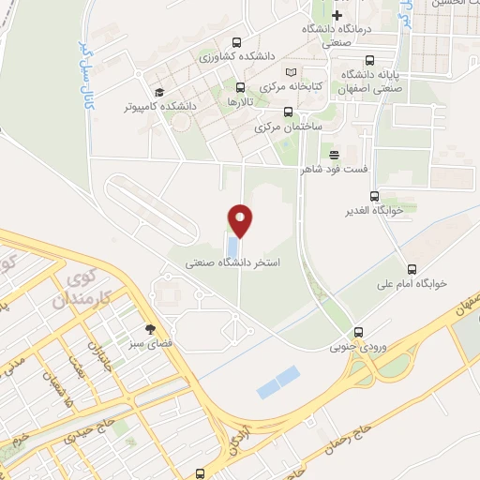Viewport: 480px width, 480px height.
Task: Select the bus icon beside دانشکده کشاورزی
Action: (x=236, y=42)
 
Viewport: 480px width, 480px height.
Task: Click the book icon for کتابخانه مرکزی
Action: (x=291, y=73)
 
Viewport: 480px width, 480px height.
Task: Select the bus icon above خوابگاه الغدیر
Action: (x=374, y=196)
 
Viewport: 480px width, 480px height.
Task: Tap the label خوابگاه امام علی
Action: (x=412, y=282)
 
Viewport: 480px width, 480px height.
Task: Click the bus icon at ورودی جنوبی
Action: (x=358, y=332)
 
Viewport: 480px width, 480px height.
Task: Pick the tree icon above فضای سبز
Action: (x=149, y=329)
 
